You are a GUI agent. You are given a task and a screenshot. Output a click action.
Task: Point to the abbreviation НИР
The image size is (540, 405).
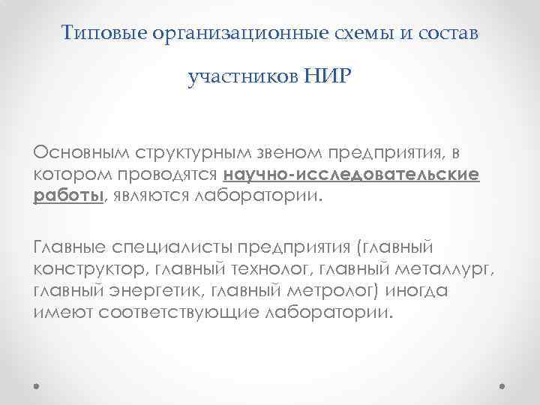[326, 76]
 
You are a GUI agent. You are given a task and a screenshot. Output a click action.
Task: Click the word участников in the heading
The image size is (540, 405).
[243, 76]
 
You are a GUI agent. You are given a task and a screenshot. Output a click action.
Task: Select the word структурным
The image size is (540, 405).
[184, 154]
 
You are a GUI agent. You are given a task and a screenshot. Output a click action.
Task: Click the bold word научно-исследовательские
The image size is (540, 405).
[351, 175]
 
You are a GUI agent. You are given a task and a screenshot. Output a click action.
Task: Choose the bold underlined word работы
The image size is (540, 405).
[67, 196]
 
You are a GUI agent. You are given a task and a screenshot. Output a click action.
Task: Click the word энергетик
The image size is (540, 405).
[157, 291]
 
